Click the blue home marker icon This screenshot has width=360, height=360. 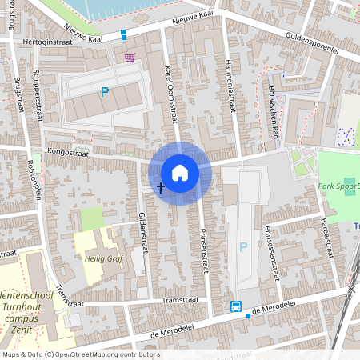pyautogui.click(x=180, y=173)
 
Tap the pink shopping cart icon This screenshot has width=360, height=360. pyautogui.click(x=130, y=58)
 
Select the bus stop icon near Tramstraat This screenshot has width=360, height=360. pyautogui.click(x=236, y=306)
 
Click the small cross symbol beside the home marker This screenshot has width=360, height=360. pyautogui.click(x=161, y=188)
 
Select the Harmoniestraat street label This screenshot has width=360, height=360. pyautogui.click(x=230, y=83)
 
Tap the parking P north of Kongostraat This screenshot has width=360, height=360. pyautogui.click(x=104, y=93)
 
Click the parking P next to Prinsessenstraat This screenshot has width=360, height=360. pyautogui.click(x=242, y=247)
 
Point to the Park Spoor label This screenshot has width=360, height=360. pyautogui.click(x=338, y=186)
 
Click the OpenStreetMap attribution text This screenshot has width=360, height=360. pyautogui.click(x=81, y=354)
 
